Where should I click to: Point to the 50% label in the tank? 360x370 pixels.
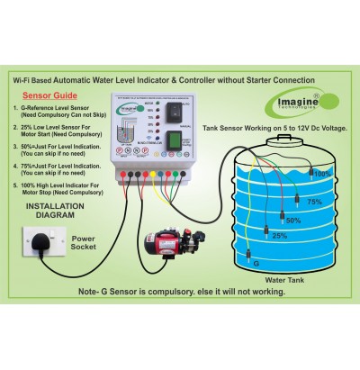click(293, 221)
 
